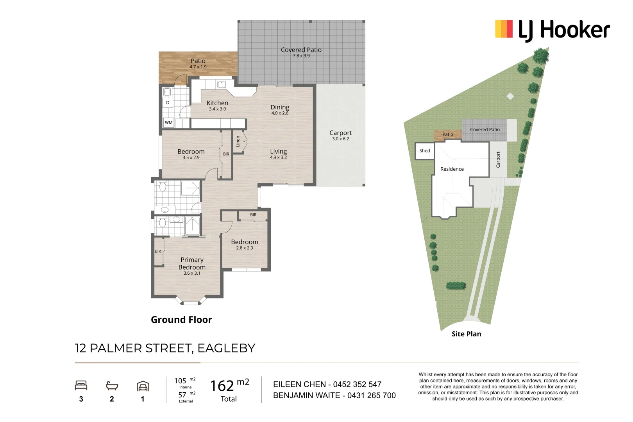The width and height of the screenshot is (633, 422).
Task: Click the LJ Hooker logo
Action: (x=552, y=30)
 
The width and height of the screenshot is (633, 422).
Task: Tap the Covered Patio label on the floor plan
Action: (x=301, y=50)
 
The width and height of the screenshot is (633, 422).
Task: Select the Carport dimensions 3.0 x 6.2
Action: (x=340, y=139)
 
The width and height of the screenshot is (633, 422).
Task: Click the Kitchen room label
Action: (x=217, y=103)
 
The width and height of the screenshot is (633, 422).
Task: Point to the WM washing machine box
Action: (x=169, y=122)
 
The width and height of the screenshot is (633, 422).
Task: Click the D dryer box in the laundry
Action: (x=168, y=103)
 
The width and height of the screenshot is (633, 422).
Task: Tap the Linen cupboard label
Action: (x=238, y=141)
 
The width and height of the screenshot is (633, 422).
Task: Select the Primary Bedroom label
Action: (x=192, y=263)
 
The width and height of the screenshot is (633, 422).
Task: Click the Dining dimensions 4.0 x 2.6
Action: (x=280, y=113)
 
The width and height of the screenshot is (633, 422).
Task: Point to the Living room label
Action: (x=278, y=151)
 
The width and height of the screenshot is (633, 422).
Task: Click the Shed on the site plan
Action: (x=424, y=151)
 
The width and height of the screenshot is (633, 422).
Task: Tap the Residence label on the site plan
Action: (x=452, y=169)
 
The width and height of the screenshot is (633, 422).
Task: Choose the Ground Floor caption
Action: (x=181, y=320)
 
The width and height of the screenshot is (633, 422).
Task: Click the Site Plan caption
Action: (x=466, y=334)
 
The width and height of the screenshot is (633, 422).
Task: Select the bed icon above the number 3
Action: (x=81, y=386)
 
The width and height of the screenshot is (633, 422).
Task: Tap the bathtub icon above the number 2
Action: (x=112, y=386)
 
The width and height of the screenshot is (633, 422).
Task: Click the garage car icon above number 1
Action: (x=143, y=386)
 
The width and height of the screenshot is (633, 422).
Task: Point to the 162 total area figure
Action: (x=222, y=386)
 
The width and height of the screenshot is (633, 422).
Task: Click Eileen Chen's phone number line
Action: (x=327, y=384)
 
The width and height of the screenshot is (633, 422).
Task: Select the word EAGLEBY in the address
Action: (x=226, y=348)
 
